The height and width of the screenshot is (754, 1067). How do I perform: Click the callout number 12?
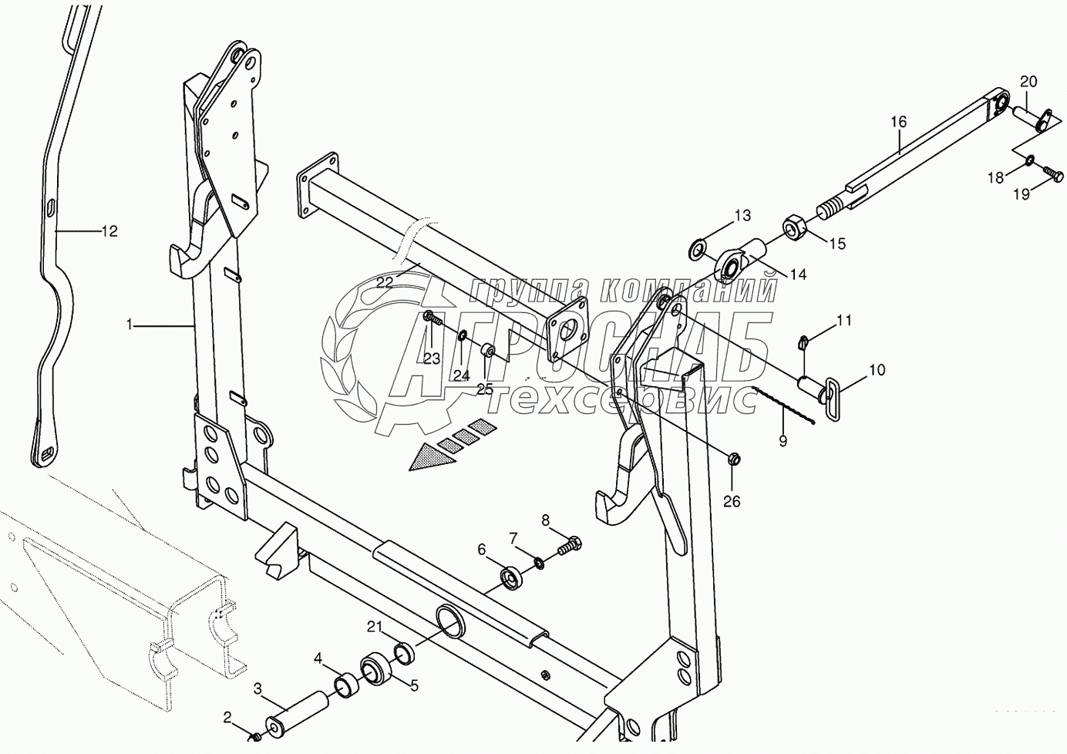109,231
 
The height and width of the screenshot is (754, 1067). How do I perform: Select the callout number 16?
899,122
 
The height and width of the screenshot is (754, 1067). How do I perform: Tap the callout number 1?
131,326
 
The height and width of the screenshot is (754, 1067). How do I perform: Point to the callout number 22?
385,282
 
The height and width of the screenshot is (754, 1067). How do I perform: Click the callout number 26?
731,501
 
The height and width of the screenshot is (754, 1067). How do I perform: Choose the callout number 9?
783,442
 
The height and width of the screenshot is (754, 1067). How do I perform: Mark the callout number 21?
374,628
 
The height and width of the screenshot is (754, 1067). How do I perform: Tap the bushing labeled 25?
488,352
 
